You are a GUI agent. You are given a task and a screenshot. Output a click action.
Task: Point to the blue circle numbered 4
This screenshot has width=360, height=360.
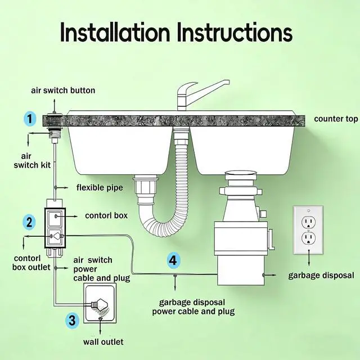click(174, 260)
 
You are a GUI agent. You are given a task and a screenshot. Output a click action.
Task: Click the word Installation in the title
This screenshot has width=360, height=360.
click(115, 33)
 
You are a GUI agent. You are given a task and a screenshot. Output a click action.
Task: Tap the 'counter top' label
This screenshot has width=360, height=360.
click(336, 119)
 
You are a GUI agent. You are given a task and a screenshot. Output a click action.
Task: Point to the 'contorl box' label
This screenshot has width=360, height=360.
click(106, 215)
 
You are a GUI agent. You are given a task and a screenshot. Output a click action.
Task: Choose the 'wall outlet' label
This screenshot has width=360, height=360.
click(103, 341)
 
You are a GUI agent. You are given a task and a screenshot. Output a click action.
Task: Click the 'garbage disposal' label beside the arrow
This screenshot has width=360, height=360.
click(321, 275)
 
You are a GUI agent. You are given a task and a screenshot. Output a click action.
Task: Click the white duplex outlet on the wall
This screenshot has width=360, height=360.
click(308, 230)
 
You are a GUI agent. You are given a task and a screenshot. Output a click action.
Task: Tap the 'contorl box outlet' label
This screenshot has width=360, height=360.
click(26, 262)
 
